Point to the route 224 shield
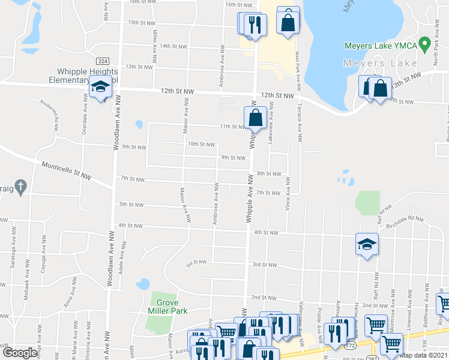[101, 61]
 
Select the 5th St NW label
[131, 205]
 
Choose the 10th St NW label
[200, 144]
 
